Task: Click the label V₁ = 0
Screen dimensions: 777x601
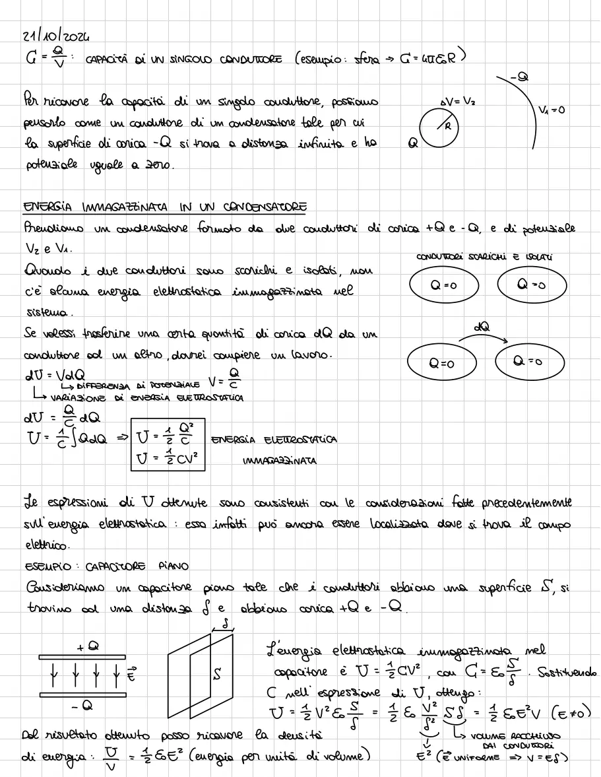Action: click(x=551, y=110)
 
